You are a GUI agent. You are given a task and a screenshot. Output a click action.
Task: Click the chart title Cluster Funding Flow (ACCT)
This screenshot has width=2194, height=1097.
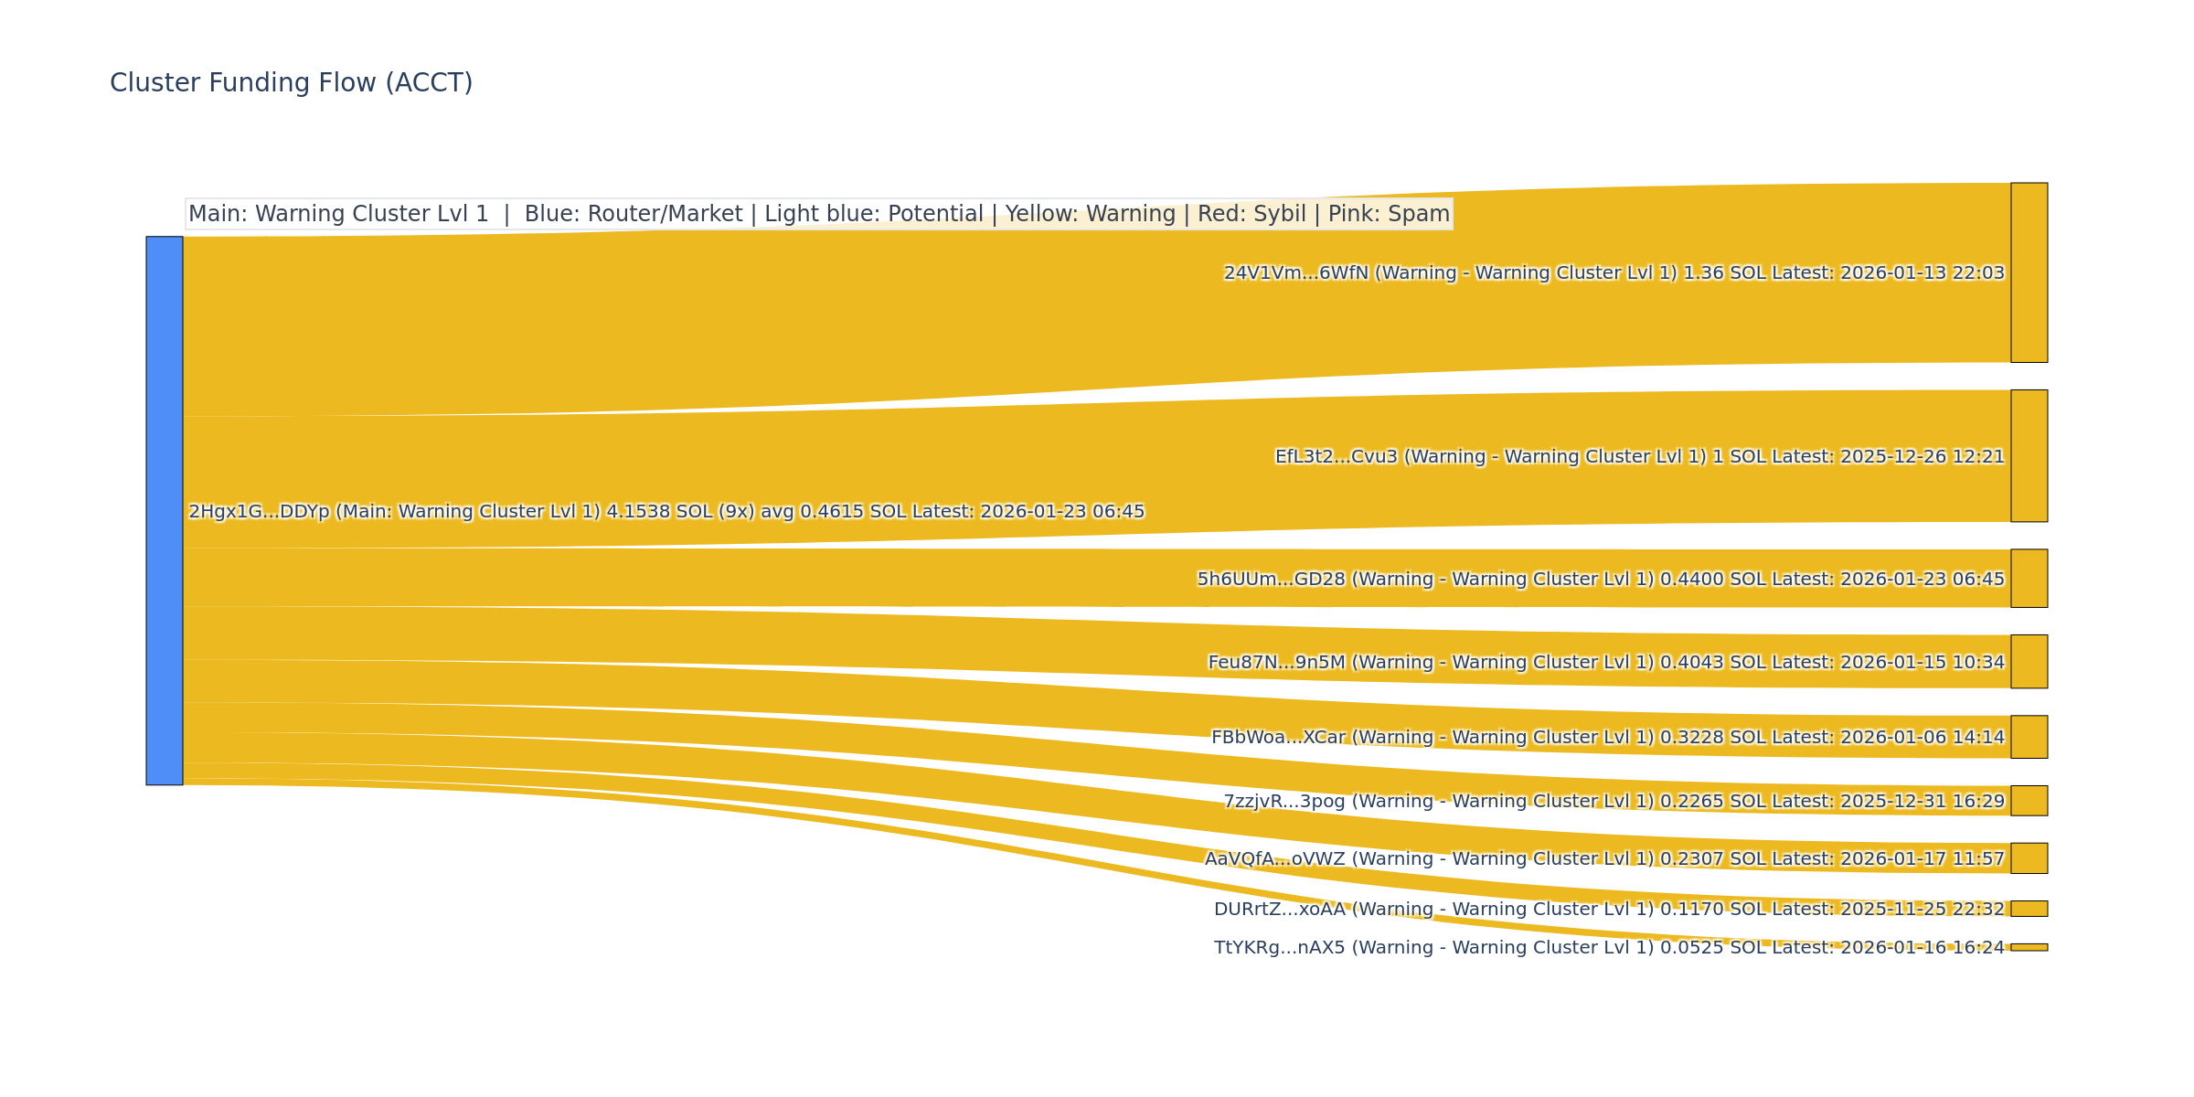coord(291,83)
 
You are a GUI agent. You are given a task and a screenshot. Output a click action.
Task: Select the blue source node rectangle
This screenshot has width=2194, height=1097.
coord(165,510)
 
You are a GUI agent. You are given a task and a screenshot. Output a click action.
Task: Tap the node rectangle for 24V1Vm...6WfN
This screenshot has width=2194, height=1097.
coord(2029,272)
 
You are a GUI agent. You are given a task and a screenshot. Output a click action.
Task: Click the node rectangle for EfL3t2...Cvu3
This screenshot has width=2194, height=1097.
coord(2029,456)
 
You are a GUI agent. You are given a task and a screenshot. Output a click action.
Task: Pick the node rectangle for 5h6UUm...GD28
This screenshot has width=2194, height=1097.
coord(2029,579)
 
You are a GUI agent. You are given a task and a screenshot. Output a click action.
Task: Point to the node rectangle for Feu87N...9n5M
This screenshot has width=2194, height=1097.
coord(2029,662)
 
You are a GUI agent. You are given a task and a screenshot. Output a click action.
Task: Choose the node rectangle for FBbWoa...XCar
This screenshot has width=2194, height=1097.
coord(2029,737)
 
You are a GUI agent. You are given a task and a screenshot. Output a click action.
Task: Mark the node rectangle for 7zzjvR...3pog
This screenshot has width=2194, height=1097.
coord(2029,801)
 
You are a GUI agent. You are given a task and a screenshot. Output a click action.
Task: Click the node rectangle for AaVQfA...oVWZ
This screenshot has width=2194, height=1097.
coord(2029,858)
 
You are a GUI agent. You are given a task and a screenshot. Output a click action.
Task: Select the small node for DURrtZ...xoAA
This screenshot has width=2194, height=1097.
coord(2029,909)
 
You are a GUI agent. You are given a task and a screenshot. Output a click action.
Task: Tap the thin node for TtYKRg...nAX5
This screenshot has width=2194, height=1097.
coord(2029,947)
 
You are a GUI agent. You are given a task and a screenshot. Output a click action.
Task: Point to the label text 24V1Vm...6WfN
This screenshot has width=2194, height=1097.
coord(1295,273)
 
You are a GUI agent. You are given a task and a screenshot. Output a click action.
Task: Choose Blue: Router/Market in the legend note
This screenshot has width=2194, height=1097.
coord(634,214)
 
